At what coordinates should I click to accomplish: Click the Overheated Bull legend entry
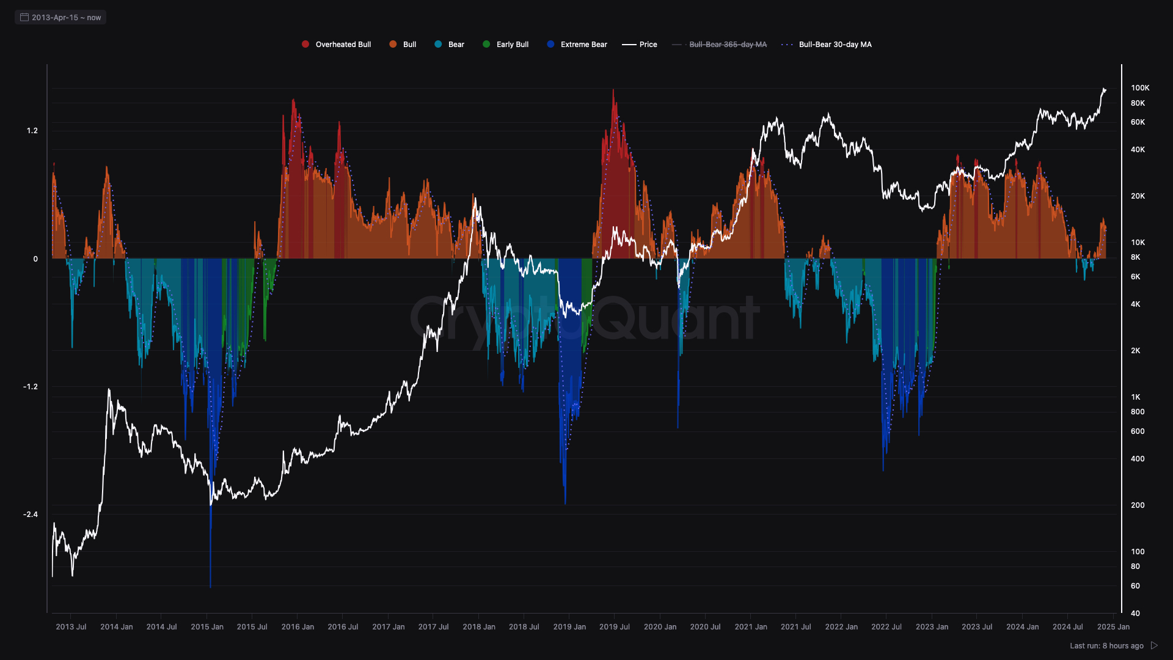pos(337,45)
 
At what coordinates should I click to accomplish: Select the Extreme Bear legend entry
pos(577,45)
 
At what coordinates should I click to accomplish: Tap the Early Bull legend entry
pos(506,45)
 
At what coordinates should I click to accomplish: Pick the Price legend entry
pos(640,45)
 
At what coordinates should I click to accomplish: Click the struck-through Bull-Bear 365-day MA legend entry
pos(720,45)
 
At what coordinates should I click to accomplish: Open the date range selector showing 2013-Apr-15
pos(60,17)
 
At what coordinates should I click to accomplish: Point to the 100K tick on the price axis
pos(1140,88)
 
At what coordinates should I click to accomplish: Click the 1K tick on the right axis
pos(1135,397)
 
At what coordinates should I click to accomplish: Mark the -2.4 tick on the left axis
pos(31,515)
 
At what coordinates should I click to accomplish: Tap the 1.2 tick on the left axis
pos(32,131)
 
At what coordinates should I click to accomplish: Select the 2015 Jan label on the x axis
pos(207,627)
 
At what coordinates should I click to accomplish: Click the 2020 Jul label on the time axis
pos(705,627)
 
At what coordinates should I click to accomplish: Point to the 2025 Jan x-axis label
pos(1113,627)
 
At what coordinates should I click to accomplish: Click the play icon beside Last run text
pos(1154,645)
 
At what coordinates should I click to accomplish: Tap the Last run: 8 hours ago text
pos(1106,646)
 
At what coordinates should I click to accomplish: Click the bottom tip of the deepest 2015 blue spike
pos(210,587)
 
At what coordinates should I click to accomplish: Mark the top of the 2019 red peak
pos(613,90)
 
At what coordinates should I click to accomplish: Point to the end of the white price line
pos(1105,90)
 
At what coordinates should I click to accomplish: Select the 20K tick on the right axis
pos(1138,196)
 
